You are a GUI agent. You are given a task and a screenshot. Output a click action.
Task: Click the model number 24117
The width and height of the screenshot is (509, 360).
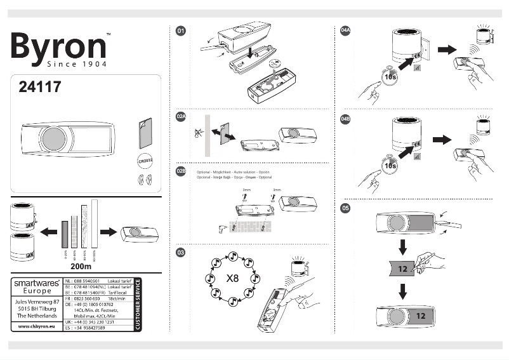(39, 88)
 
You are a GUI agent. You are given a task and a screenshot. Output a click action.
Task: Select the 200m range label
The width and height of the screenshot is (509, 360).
(81, 267)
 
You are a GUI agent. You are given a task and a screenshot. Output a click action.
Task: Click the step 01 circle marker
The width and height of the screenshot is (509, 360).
(181, 30)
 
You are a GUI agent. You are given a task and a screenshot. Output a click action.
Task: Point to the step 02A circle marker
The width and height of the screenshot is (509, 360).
(181, 117)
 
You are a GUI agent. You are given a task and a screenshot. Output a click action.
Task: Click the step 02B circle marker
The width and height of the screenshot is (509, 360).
(181, 171)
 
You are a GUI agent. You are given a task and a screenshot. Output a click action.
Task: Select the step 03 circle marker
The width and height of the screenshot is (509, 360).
(181, 253)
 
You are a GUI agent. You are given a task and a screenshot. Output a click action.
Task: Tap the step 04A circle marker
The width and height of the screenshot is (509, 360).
(346, 30)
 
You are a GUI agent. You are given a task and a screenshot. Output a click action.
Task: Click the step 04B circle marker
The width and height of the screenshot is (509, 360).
(346, 118)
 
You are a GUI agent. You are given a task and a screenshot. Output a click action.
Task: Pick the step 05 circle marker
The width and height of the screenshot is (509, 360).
(346, 208)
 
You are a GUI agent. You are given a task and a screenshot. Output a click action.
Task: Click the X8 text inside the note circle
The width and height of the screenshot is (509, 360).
(232, 278)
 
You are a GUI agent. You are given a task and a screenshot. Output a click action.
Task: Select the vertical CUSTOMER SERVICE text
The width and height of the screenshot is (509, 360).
(138, 304)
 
